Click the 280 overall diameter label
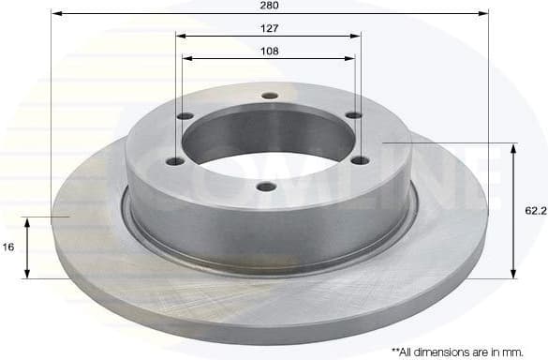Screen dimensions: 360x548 (271, 6)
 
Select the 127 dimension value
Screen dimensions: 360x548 (269, 27)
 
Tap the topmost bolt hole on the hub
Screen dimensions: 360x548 (271, 96)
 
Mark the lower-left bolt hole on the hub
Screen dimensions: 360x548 (174, 161)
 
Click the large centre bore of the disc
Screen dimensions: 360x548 (269, 141)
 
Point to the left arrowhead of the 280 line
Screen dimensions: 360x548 (54, 14)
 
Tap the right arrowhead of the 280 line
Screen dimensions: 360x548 (484, 14)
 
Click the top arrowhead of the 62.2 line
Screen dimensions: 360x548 (513, 148)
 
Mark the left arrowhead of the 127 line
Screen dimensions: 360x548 (181, 36)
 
